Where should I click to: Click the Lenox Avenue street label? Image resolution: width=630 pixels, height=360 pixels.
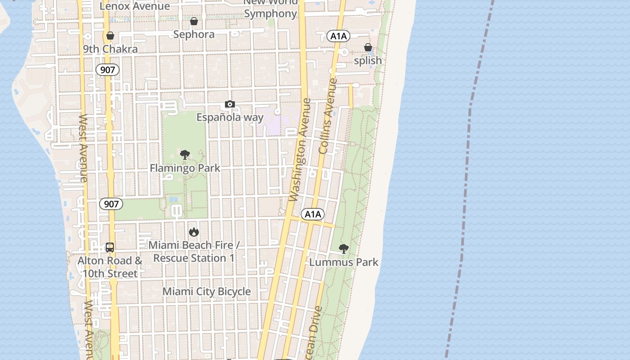(x=135, y=6)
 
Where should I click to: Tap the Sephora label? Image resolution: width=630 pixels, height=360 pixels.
(x=193, y=35)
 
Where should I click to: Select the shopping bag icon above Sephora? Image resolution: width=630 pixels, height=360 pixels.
(x=194, y=21)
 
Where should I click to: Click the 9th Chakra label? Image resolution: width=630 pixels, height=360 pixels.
(x=110, y=49)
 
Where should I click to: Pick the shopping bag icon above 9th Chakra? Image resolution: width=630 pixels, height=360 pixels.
(x=110, y=36)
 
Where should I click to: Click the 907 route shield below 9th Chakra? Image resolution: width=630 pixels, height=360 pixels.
(x=108, y=70)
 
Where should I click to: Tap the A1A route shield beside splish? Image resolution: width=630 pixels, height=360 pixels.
(x=338, y=36)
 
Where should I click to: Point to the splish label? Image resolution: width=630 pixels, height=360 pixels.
(x=368, y=61)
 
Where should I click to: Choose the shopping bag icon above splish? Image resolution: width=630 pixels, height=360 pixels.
(x=368, y=47)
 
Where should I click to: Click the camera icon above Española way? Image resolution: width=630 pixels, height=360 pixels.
(x=229, y=104)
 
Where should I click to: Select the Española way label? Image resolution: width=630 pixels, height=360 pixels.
(x=230, y=117)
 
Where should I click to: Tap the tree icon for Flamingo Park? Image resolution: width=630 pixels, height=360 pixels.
(x=184, y=155)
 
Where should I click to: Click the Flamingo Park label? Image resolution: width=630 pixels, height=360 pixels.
(x=185, y=168)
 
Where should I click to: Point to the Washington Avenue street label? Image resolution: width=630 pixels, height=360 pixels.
(x=300, y=149)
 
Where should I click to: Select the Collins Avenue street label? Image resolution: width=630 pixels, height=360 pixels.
(x=328, y=116)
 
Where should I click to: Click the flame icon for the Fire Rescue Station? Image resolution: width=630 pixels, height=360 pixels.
(x=194, y=232)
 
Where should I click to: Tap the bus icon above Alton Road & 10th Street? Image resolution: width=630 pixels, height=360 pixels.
(x=110, y=247)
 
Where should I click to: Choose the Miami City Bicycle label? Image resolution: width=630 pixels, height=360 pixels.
(x=207, y=292)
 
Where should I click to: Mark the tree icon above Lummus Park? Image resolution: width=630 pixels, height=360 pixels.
(x=344, y=248)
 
